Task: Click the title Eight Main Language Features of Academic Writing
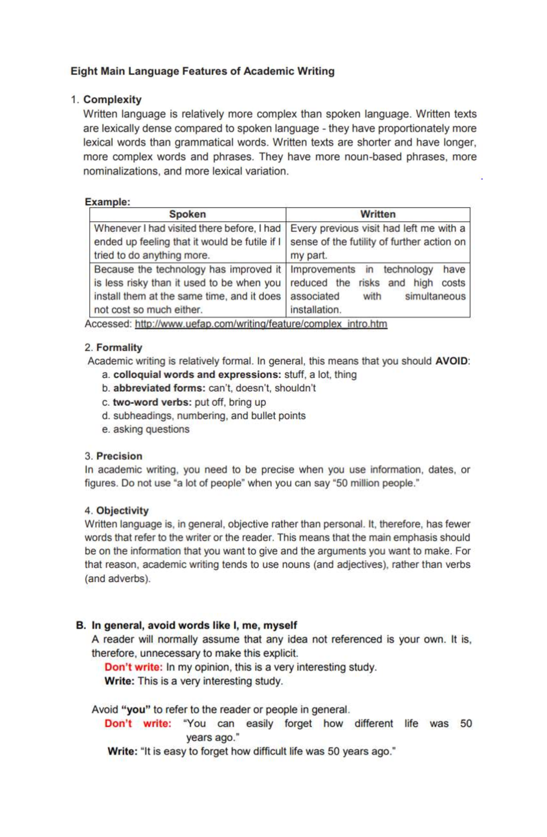click(202, 71)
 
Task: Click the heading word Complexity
click(112, 99)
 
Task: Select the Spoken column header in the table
click(187, 214)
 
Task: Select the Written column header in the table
click(377, 214)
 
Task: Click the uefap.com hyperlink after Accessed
click(261, 324)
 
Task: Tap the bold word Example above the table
click(107, 202)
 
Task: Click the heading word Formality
click(119, 348)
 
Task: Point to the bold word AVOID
click(451, 361)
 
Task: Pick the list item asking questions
click(151, 429)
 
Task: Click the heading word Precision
click(119, 456)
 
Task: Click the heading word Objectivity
click(122, 510)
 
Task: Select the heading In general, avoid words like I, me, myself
click(194, 625)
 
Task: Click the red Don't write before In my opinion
click(133, 667)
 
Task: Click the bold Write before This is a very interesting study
click(119, 681)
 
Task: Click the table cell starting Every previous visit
click(377, 241)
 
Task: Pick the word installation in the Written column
click(315, 310)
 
